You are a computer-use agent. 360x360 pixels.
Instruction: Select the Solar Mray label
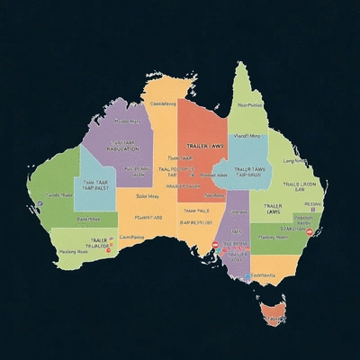click(x=148, y=195)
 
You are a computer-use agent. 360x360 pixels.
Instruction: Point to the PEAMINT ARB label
click(x=148, y=217)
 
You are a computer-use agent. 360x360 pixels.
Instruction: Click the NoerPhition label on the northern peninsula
click(x=250, y=105)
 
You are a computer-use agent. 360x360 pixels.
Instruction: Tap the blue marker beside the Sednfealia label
click(x=247, y=276)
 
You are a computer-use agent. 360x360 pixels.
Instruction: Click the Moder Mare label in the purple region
click(x=128, y=121)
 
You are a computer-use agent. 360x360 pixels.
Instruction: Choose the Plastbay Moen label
click(x=271, y=237)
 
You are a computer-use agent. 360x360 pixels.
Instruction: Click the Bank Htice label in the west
click(x=87, y=218)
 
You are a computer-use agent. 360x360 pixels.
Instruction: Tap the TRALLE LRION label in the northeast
click(x=300, y=184)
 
